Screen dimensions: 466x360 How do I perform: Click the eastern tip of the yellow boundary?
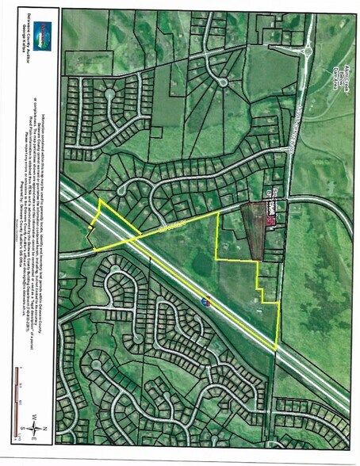(277, 349)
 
